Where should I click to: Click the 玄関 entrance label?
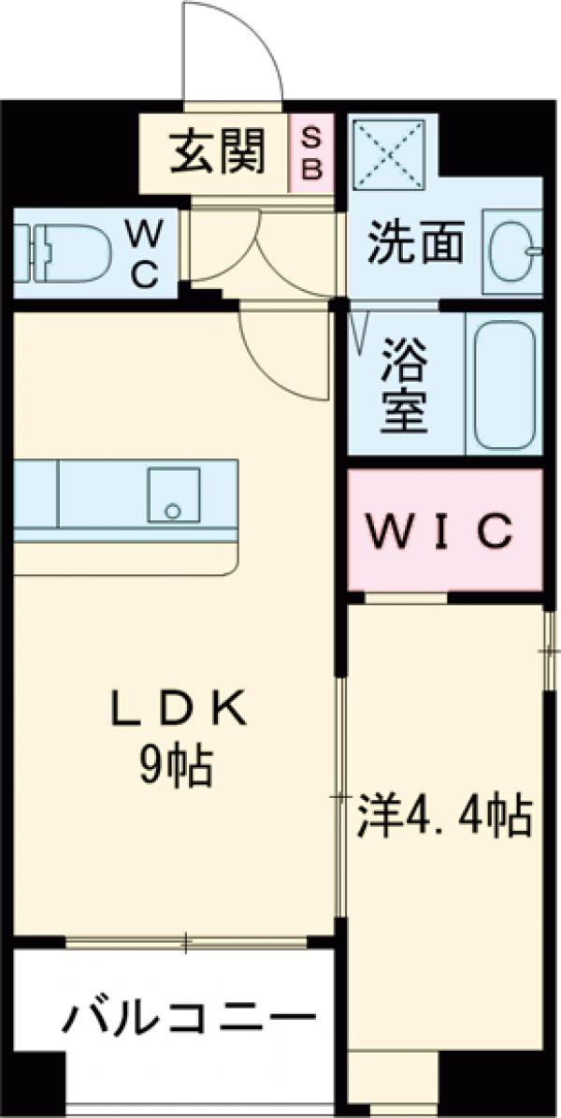[x=216, y=152]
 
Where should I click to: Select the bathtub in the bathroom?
[x=506, y=383]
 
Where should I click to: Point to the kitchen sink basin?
[x=174, y=495]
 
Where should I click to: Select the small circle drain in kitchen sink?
[x=172, y=511]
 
